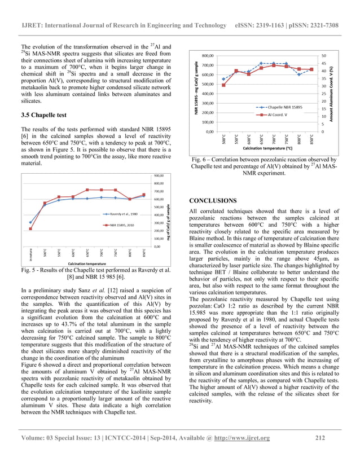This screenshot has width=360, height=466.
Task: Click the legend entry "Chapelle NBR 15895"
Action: [285, 107]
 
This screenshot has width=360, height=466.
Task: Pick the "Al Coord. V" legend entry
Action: [279, 114]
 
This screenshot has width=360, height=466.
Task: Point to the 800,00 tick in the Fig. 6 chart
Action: [207, 56]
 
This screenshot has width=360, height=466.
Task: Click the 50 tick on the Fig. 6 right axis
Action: [323, 56]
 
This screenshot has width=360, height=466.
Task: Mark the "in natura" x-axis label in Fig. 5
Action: [30, 254]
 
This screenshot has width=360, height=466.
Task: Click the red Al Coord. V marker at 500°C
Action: [223, 85]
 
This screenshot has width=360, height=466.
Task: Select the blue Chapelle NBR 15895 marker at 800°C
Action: [299, 74]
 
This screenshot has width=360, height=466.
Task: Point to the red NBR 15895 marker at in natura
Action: [30, 228]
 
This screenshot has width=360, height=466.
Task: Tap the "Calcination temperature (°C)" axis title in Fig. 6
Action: [267, 148]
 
